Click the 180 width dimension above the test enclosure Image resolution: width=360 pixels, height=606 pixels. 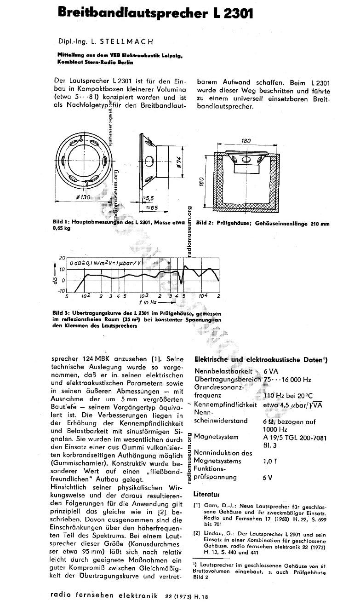246,141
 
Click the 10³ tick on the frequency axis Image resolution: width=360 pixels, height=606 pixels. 144,295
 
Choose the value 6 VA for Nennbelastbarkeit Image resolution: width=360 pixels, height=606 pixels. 271,371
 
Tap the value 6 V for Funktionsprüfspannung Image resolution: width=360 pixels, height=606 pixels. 267,477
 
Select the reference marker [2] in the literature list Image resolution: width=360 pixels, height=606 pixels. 197,533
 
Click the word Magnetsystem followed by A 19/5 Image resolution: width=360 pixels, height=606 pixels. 216,436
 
